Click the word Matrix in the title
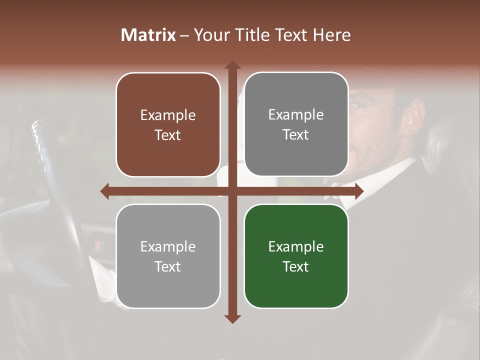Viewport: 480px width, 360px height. pyautogui.click(x=148, y=35)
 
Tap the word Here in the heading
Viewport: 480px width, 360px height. pyautogui.click(x=332, y=35)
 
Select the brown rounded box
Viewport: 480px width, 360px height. pyautogui.click(x=168, y=124)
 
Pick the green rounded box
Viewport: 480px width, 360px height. pyautogui.click(x=296, y=256)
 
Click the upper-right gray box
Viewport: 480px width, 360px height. pyautogui.click(x=296, y=124)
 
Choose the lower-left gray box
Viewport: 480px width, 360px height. pyautogui.click(x=168, y=256)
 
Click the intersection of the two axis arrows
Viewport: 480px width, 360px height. pyautogui.click(x=232, y=191)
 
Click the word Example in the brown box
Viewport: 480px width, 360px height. pyautogui.click(x=168, y=115)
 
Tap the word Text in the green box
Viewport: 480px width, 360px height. pyautogui.click(x=296, y=266)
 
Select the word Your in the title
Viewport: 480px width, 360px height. pyautogui.click(x=209, y=35)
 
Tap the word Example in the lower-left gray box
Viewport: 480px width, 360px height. pyautogui.click(x=168, y=246)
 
